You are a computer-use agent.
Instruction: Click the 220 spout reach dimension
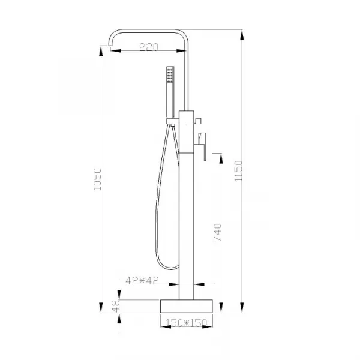tap(149, 47)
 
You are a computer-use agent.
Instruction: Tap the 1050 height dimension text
tap(97, 179)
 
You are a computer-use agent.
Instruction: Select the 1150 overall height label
tap(238, 170)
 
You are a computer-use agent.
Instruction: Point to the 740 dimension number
tap(217, 232)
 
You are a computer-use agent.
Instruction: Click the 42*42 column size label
tap(142, 280)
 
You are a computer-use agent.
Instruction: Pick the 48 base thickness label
tap(115, 307)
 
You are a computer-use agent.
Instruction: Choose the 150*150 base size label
tap(186, 323)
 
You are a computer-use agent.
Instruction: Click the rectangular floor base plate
tap(187, 306)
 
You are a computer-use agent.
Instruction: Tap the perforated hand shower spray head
tap(170, 75)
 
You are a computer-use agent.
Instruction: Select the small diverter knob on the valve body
tap(197, 121)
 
